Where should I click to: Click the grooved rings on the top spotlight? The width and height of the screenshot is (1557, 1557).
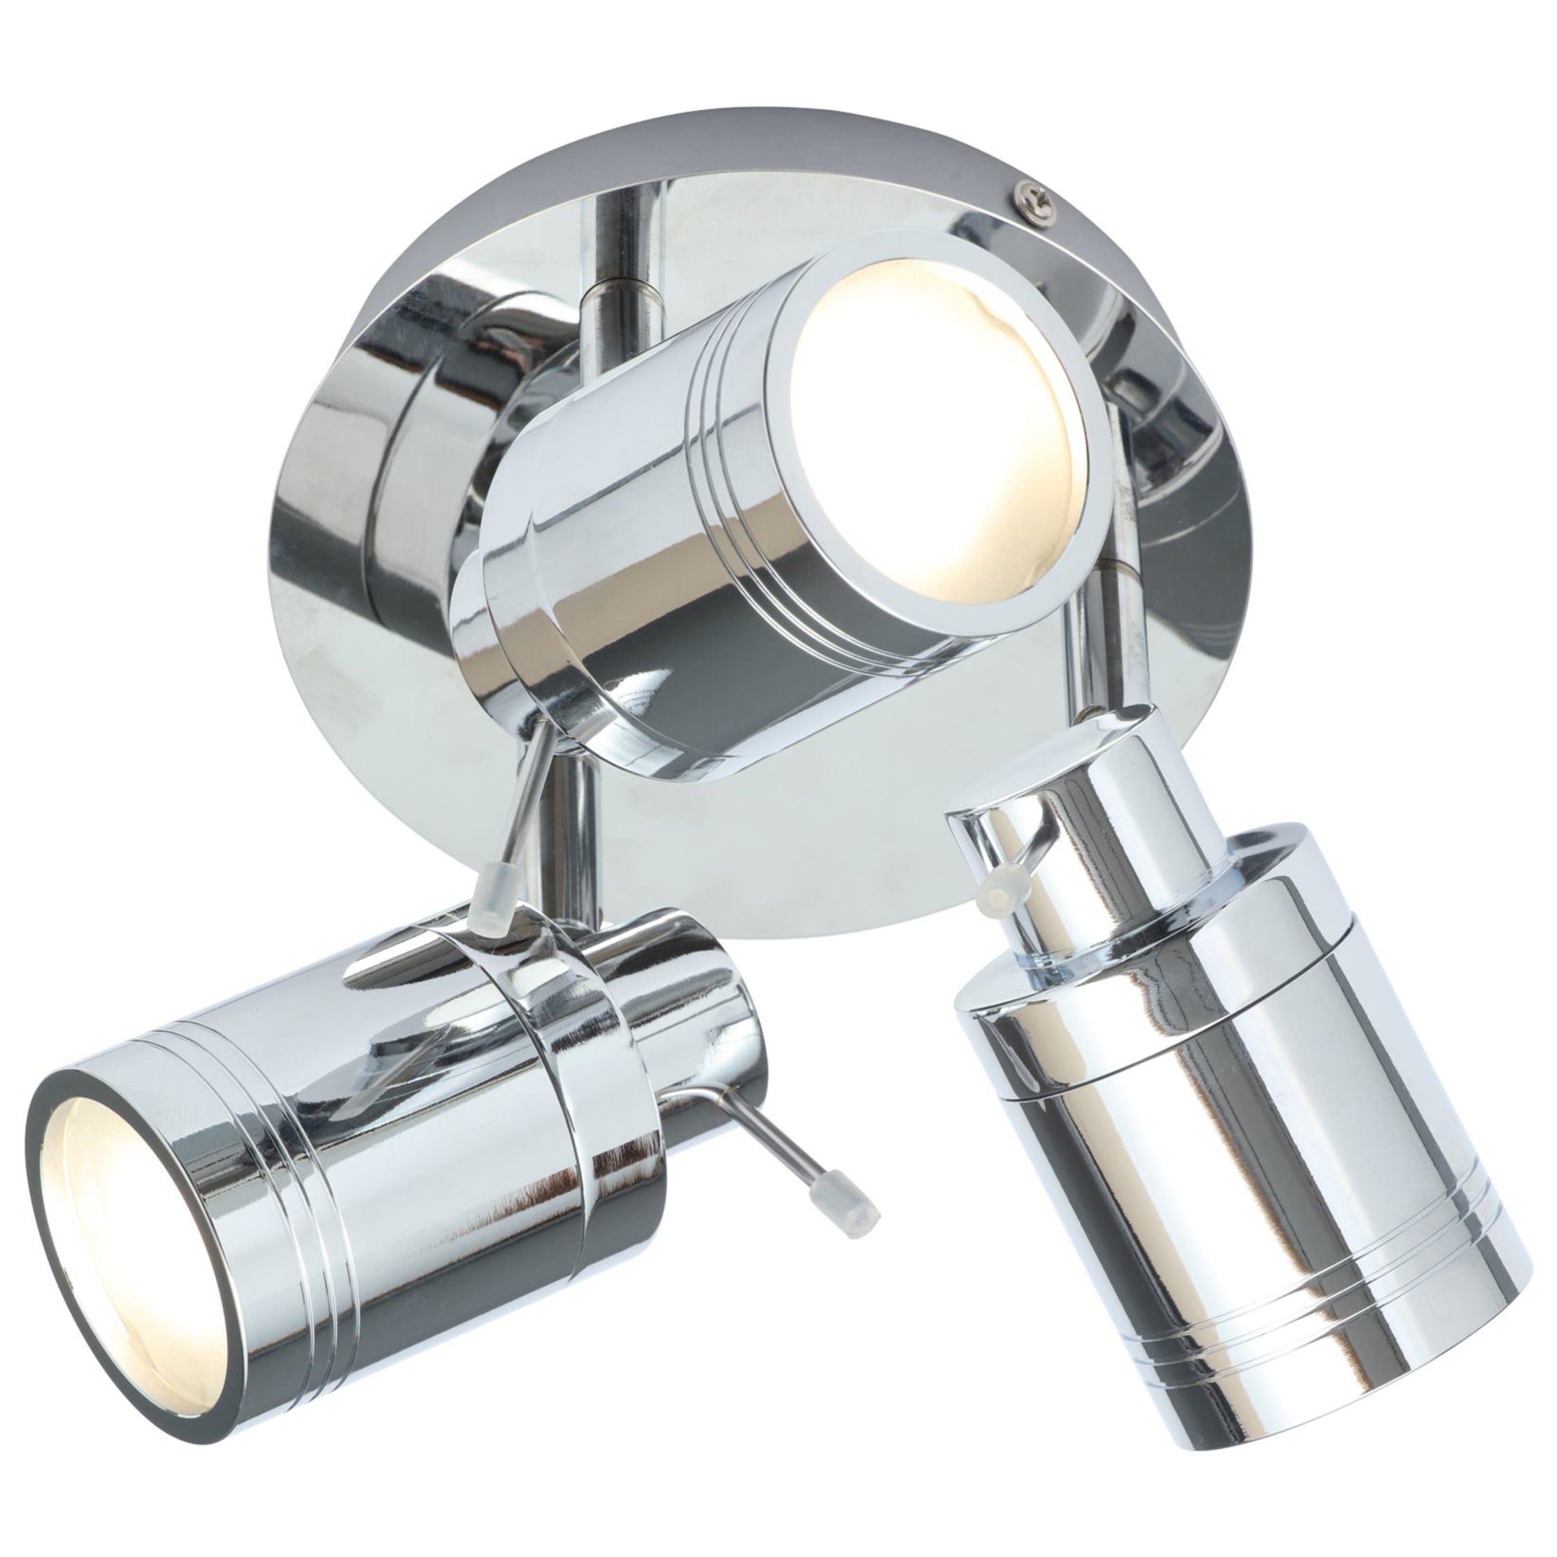coord(729,451)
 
